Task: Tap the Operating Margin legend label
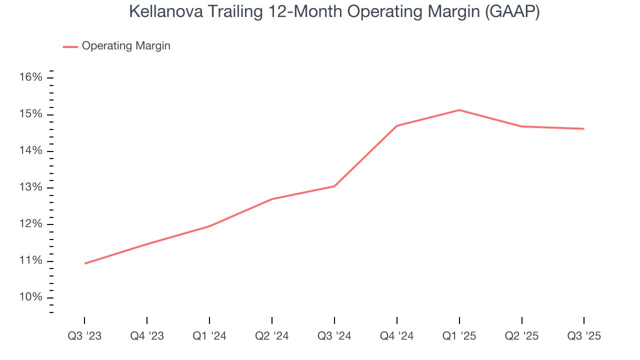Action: (x=126, y=46)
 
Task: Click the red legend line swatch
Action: (x=70, y=46)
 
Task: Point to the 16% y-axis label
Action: (x=31, y=77)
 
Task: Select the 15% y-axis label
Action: (x=31, y=114)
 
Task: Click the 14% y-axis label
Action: (x=31, y=151)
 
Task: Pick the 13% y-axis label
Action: (x=31, y=188)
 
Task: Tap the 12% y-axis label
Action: (x=31, y=224)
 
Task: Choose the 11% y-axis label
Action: (x=31, y=261)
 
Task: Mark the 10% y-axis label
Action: (x=31, y=297)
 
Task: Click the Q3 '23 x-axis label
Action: (x=84, y=336)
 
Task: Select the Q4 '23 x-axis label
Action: (x=147, y=336)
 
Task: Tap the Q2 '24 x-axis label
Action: (x=272, y=336)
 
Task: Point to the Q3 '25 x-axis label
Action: (x=584, y=336)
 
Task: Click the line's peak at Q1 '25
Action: (x=459, y=110)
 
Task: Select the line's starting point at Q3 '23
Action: (x=85, y=263)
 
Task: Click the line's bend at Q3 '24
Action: (x=334, y=186)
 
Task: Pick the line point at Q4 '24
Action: (x=396, y=126)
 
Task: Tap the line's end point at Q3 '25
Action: (x=583, y=129)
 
